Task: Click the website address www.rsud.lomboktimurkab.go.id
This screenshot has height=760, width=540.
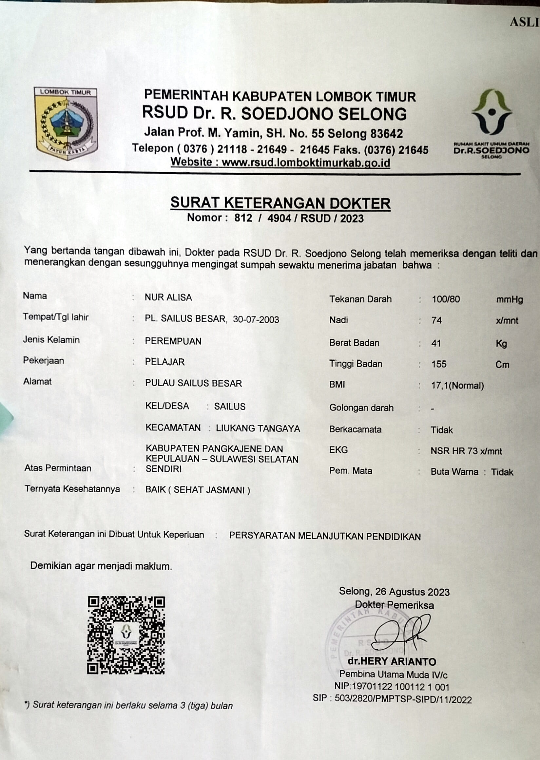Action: pyautogui.click(x=306, y=162)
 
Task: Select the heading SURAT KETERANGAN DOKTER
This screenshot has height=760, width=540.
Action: pyautogui.click(x=280, y=203)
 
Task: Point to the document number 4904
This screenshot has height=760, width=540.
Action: pyautogui.click(x=279, y=218)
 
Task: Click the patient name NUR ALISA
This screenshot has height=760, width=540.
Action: pyautogui.click(x=168, y=297)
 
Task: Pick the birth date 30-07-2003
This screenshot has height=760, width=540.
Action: pyautogui.click(x=256, y=319)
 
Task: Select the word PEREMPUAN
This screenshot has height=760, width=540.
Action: pyautogui.click(x=173, y=341)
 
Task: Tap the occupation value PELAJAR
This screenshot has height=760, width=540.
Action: pyautogui.click(x=164, y=362)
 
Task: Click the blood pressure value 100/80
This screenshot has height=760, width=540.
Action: pyautogui.click(x=446, y=299)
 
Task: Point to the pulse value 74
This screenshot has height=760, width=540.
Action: pyautogui.click(x=436, y=320)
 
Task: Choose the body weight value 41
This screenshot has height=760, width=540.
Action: pyautogui.click(x=435, y=343)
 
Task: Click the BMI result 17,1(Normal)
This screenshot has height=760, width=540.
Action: pyautogui.click(x=457, y=386)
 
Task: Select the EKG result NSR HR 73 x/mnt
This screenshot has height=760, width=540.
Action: pyautogui.click(x=466, y=451)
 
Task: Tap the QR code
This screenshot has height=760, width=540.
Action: pyautogui.click(x=126, y=635)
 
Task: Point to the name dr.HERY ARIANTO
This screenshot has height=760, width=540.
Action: pyautogui.click(x=392, y=662)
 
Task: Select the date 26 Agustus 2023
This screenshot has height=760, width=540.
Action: pyautogui.click(x=412, y=592)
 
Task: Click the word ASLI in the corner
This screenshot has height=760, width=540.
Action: pyautogui.click(x=524, y=22)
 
